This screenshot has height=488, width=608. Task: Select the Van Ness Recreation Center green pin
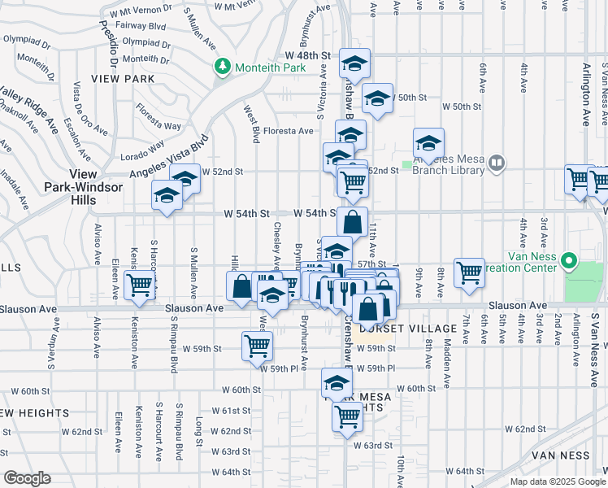click(570, 263)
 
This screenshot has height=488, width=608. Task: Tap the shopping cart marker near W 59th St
click(258, 344)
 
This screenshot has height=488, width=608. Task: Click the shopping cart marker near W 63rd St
click(347, 415)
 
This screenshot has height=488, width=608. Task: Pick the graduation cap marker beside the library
click(428, 142)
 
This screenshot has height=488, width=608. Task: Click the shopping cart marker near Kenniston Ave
click(139, 283)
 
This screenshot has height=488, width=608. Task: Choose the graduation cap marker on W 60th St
click(337, 381)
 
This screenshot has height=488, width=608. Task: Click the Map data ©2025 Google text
click(558, 481)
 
